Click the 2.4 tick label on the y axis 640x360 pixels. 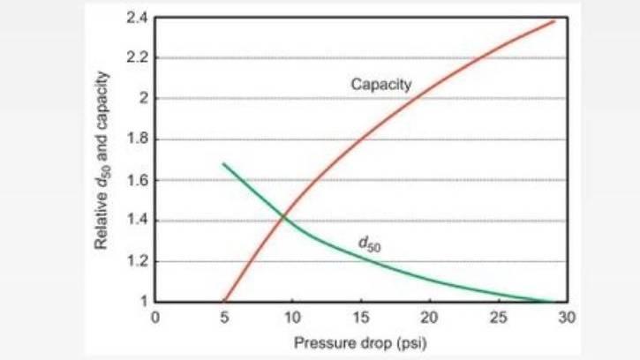click(x=138, y=18)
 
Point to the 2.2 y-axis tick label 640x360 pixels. click(x=138, y=58)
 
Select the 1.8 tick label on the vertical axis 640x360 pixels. click(x=138, y=139)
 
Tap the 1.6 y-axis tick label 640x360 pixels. click(x=138, y=180)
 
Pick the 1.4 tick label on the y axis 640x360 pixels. click(x=138, y=221)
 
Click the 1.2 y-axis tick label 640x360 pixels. click(x=138, y=261)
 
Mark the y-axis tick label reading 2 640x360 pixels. click(x=144, y=98)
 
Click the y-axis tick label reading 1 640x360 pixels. click(x=144, y=302)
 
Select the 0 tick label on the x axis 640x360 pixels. click(x=155, y=317)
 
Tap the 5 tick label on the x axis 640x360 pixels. click(x=224, y=317)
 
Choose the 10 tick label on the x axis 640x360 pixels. click(x=292, y=317)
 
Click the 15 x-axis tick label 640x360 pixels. click(x=361, y=317)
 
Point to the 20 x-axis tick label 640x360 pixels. click(x=429, y=317)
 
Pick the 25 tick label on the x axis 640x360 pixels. click(x=499, y=317)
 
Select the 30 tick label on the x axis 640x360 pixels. click(x=567, y=317)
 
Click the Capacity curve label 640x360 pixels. click(x=381, y=85)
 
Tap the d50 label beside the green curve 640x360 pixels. click(x=369, y=244)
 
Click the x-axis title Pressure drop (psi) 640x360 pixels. click(x=360, y=343)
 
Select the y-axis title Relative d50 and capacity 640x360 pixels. click(x=102, y=160)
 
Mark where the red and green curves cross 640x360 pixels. click(x=282, y=217)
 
